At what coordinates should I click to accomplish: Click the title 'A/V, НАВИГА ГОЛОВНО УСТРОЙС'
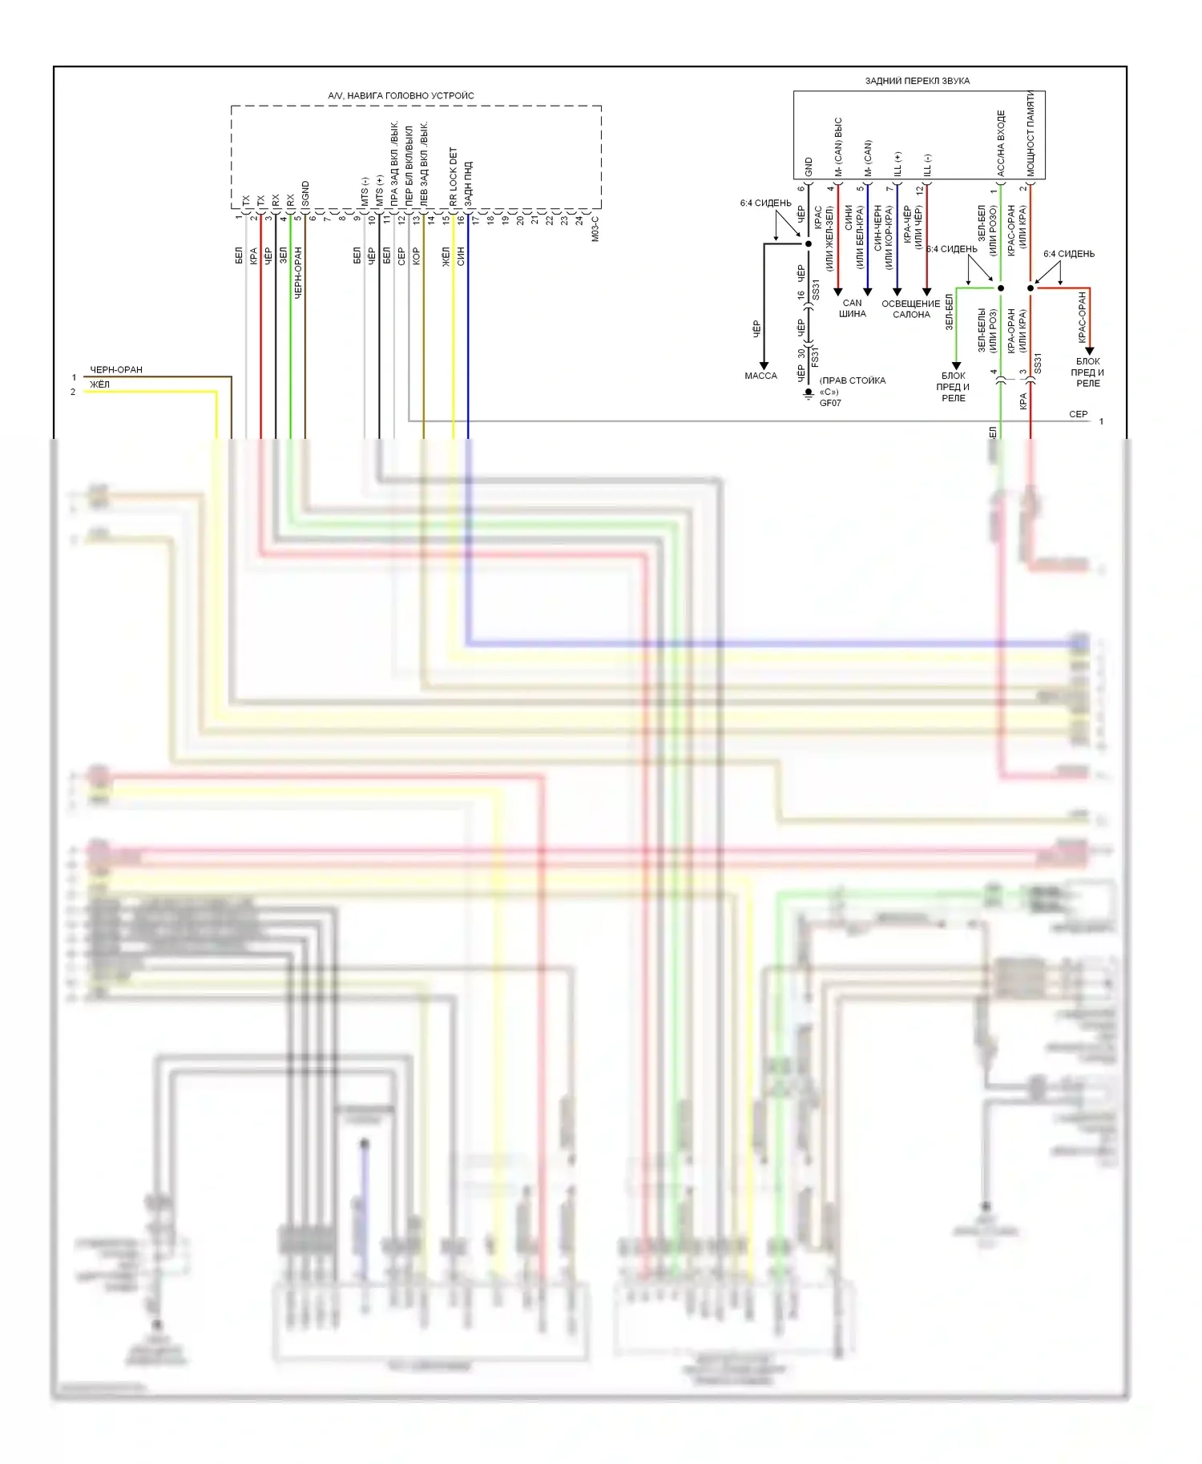pyautogui.click(x=401, y=96)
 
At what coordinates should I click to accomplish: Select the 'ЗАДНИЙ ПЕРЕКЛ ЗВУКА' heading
pyautogui.click(x=917, y=81)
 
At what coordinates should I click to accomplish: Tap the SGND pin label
pyautogui.click(x=305, y=194)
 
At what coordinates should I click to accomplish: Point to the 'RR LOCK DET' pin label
pyautogui.click(x=454, y=176)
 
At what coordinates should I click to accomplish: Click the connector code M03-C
pyautogui.click(x=595, y=228)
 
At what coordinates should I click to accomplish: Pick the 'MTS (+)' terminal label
pyautogui.click(x=380, y=191)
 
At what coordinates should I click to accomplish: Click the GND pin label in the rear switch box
pyautogui.click(x=809, y=167)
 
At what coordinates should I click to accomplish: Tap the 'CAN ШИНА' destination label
pyautogui.click(x=853, y=308)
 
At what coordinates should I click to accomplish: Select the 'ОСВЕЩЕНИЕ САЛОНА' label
pyautogui.click(x=911, y=309)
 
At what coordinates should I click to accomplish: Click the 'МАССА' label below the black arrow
pyautogui.click(x=760, y=376)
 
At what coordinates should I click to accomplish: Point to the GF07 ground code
pyautogui.click(x=830, y=403)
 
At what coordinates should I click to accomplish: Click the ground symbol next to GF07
pyautogui.click(x=809, y=393)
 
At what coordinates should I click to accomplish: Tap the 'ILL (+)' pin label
pyautogui.click(x=897, y=163)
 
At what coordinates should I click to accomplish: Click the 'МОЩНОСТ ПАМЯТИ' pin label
pyautogui.click(x=1031, y=133)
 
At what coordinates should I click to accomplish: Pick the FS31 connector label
pyautogui.click(x=815, y=356)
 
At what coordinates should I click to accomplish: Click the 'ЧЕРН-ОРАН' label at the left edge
pyautogui.click(x=116, y=370)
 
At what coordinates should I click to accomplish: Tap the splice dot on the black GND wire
pyautogui.click(x=809, y=243)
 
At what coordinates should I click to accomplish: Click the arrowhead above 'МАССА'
pyautogui.click(x=764, y=365)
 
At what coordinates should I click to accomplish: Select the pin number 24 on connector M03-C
pyautogui.click(x=579, y=219)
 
